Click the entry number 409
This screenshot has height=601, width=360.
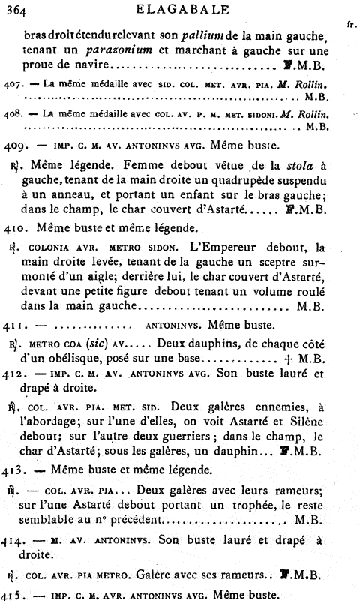(16, 143)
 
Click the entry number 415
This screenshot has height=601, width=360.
(14, 594)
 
